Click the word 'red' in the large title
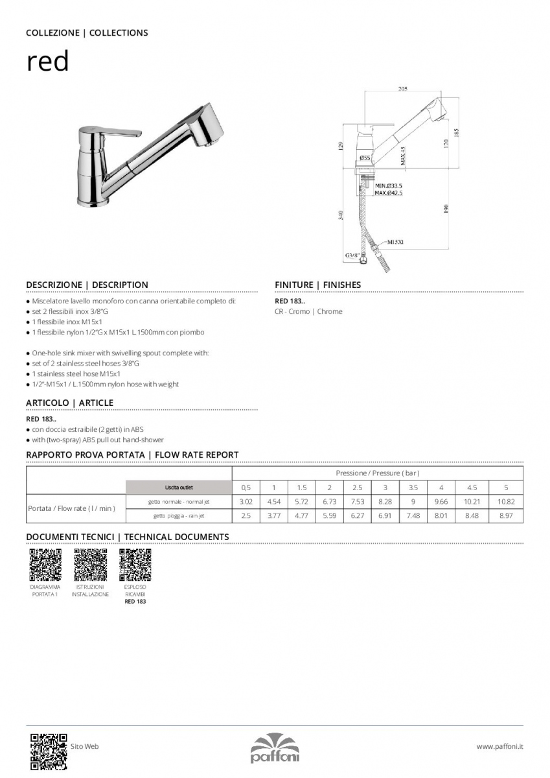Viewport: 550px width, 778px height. [47, 63]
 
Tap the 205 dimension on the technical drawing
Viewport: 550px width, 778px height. [402, 89]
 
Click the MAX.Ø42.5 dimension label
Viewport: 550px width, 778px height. [389, 193]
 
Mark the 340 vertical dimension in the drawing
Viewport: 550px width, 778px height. [341, 215]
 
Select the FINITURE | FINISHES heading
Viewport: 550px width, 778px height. [317, 285]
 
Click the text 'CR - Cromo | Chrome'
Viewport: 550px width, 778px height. [308, 312]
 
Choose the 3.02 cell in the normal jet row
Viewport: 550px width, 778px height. [246, 502]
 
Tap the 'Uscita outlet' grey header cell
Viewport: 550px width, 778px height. [178, 488]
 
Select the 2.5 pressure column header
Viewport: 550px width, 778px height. [357, 488]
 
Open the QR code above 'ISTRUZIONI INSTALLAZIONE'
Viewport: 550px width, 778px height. [90, 565]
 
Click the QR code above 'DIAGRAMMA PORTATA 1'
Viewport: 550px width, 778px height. [45, 565]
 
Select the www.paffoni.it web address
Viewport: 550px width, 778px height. [499, 747]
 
